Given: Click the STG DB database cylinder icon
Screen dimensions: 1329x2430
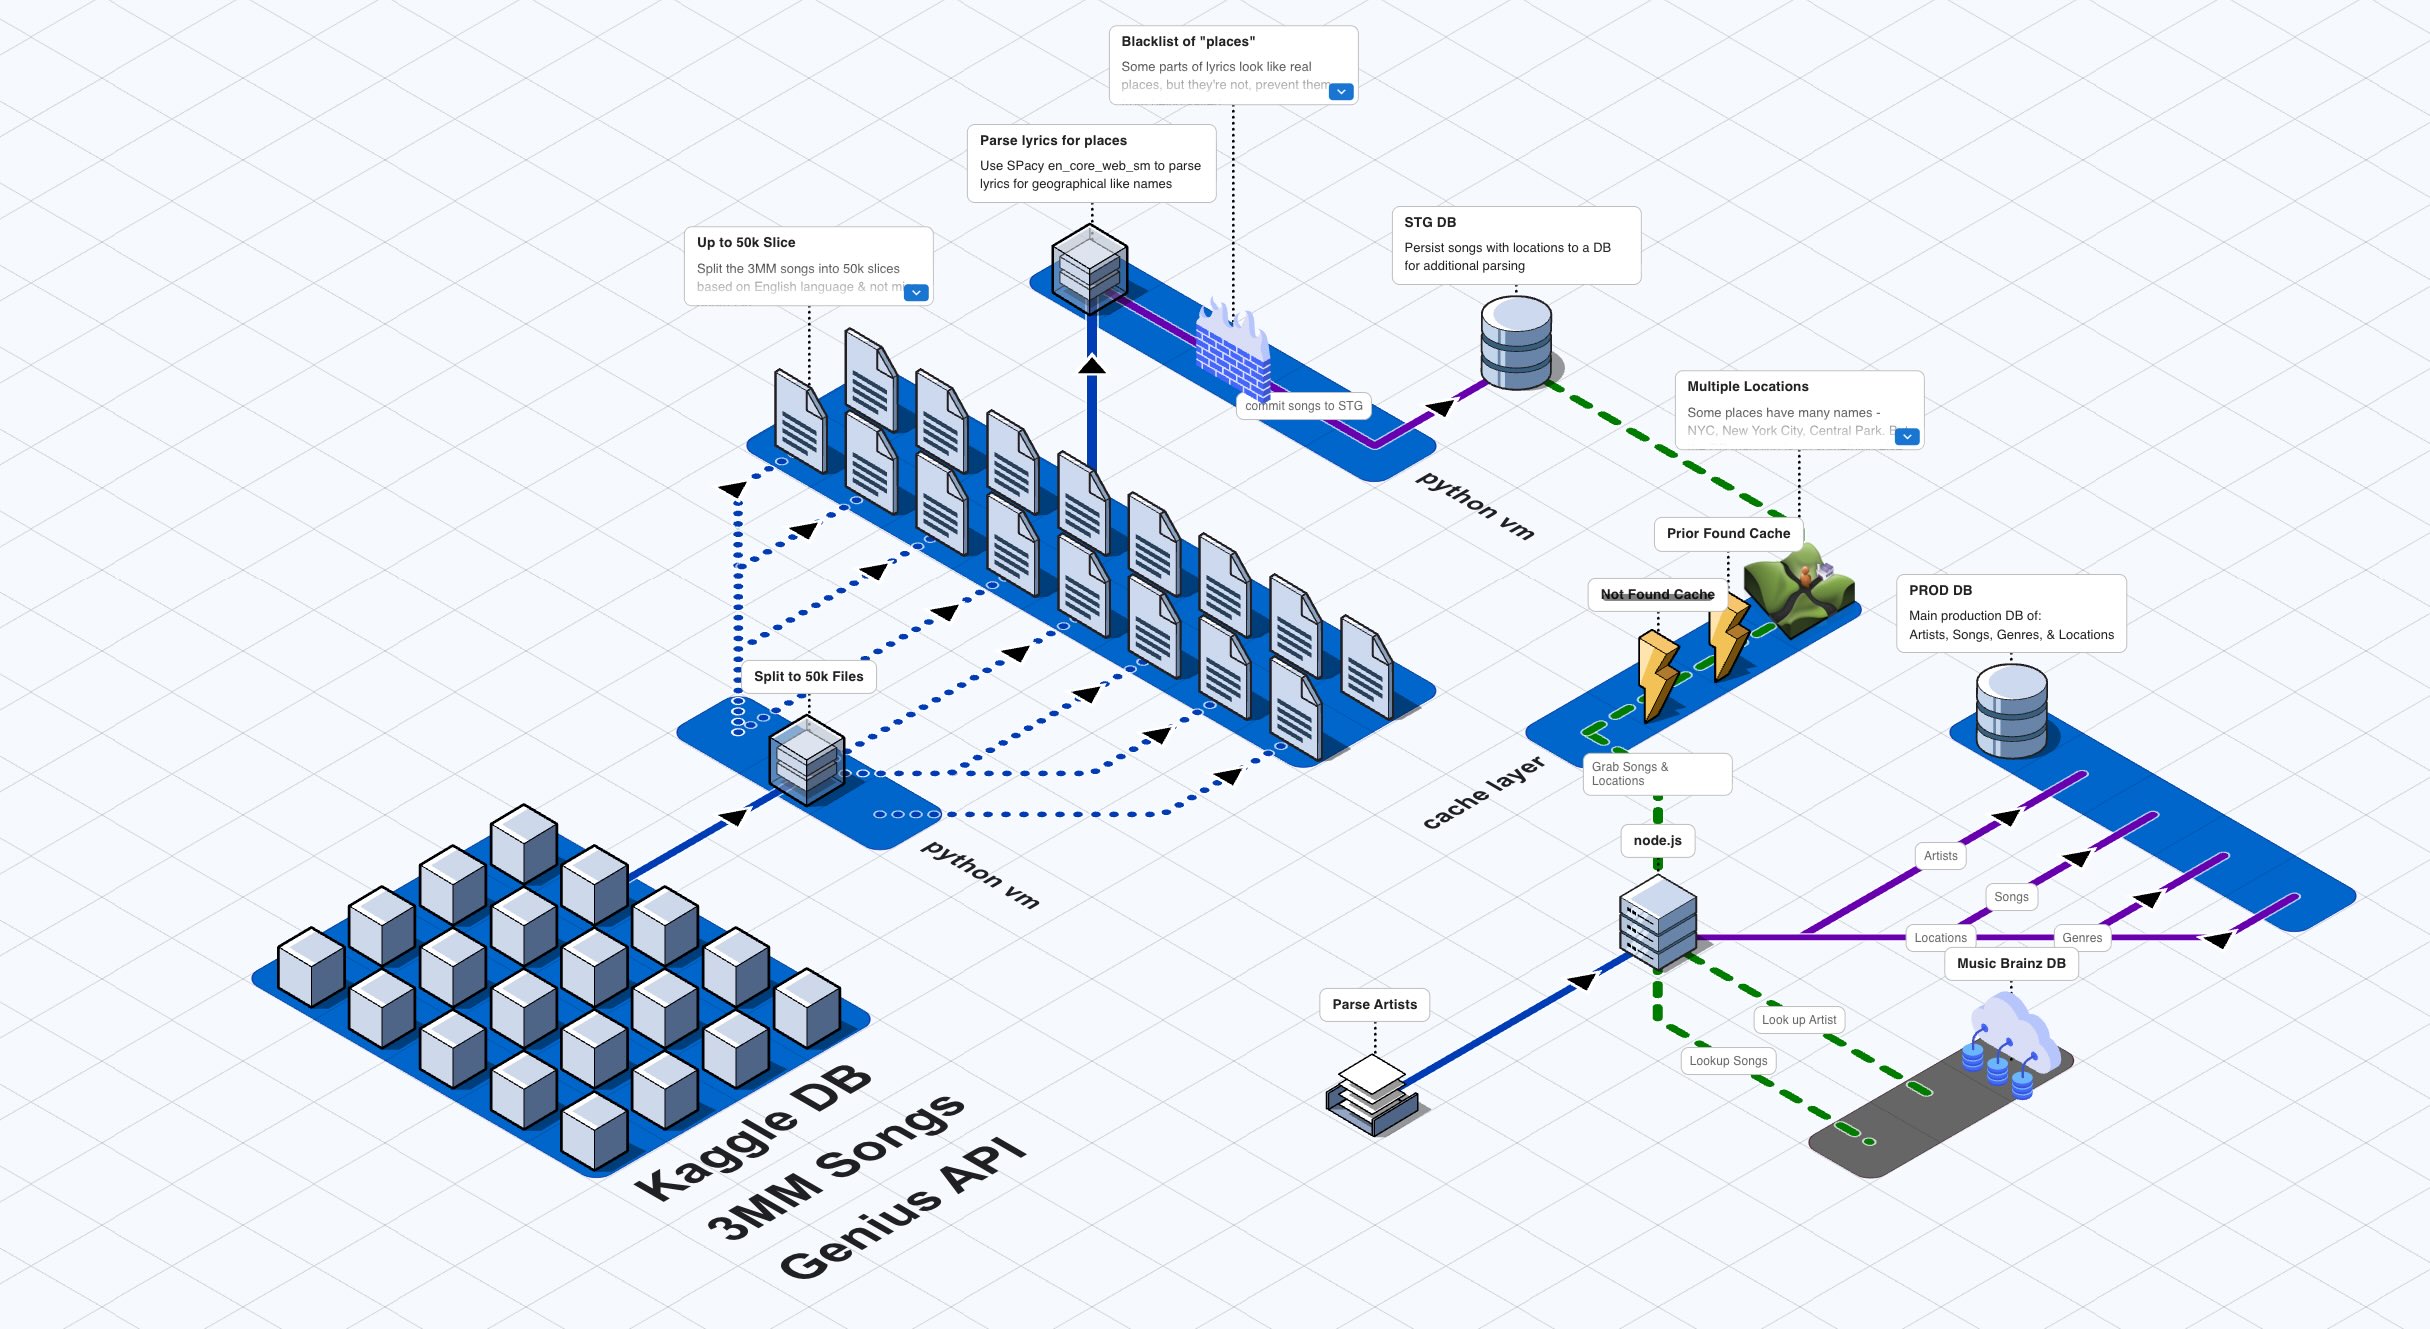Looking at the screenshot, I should click(1516, 342).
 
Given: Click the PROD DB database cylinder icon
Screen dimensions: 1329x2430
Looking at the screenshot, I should click(2011, 711).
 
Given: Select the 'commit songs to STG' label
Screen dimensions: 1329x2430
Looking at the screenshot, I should click(1303, 406).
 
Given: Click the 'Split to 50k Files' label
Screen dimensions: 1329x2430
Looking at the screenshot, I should click(808, 677).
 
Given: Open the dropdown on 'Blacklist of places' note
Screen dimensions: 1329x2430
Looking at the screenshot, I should click(1341, 92).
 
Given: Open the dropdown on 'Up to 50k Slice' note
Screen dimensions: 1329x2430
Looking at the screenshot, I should click(916, 293).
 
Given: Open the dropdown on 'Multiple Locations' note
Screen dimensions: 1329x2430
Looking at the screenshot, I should click(1907, 437).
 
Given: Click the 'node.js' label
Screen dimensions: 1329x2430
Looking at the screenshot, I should click(1657, 841).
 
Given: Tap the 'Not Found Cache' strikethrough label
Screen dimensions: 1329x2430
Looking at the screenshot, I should click(1657, 595).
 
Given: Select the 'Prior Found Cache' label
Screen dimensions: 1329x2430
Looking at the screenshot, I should click(1728, 534).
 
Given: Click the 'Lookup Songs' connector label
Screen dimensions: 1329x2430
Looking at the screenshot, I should click(1728, 1061).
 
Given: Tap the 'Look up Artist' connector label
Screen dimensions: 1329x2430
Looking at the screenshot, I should click(1798, 1020).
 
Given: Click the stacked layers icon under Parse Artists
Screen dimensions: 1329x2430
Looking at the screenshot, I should click(1372, 1096).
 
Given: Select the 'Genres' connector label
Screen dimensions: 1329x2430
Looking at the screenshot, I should click(2082, 938).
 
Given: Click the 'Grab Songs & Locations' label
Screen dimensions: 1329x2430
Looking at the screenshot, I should click(1655, 774).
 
